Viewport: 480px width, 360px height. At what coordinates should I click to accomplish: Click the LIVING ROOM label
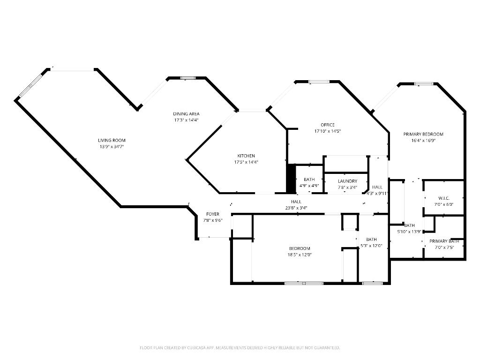(x=112, y=140)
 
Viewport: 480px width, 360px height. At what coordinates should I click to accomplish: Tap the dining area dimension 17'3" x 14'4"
(x=186, y=120)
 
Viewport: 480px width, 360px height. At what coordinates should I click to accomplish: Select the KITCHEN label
(x=246, y=156)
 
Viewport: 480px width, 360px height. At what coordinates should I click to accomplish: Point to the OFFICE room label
(x=328, y=125)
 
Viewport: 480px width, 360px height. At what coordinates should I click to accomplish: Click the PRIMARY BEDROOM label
(x=423, y=134)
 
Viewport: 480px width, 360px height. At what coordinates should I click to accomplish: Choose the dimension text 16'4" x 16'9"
(x=423, y=140)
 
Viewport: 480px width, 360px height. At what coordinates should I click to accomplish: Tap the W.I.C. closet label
(x=444, y=198)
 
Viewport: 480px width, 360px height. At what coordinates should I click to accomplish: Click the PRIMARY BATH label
(x=444, y=241)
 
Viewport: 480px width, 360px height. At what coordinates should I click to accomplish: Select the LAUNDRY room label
(x=347, y=181)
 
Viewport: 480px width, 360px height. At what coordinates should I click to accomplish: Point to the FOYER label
(x=212, y=214)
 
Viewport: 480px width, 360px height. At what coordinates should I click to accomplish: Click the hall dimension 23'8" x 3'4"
(x=296, y=208)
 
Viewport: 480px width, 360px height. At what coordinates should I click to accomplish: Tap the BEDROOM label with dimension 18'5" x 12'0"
(x=299, y=248)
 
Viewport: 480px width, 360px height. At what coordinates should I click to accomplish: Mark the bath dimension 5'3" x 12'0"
(x=371, y=245)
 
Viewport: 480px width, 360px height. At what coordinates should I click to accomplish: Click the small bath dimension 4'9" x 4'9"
(x=309, y=186)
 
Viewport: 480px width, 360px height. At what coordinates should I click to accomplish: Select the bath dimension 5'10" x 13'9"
(x=409, y=231)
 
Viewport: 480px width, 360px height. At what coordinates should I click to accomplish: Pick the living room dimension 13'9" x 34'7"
(x=112, y=147)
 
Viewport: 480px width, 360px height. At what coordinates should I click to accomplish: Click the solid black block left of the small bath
(x=291, y=178)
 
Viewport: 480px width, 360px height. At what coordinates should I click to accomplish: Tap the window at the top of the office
(x=319, y=82)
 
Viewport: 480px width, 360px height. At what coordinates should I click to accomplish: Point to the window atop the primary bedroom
(x=424, y=84)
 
